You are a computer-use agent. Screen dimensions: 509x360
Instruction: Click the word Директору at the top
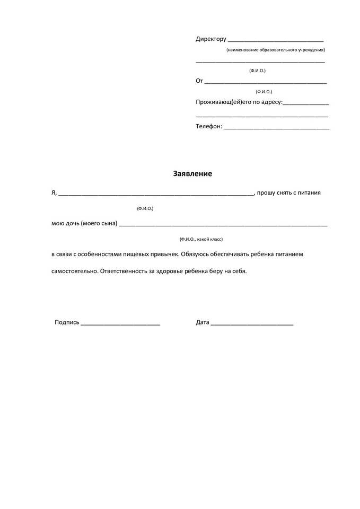tap(211, 39)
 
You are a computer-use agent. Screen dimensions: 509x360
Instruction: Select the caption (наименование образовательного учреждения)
tap(275, 50)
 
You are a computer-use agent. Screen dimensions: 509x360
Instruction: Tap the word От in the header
tap(199, 81)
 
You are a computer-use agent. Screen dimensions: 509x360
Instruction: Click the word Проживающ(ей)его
tap(219, 102)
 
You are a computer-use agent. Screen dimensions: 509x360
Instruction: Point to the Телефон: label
tap(209, 127)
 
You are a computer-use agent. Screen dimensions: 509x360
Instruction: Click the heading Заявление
tap(192, 173)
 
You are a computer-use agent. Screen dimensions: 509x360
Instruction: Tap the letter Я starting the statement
tap(54, 192)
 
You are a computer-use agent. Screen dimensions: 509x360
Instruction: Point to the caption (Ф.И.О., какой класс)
tap(205, 239)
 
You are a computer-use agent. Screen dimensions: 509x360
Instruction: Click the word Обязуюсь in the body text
tap(197, 254)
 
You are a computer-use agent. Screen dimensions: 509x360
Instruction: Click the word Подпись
tap(67, 322)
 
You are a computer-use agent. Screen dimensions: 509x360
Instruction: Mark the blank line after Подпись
tap(120, 323)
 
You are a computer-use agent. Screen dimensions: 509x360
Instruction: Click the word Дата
tap(203, 322)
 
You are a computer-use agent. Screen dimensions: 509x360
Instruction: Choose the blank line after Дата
tap(252, 323)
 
